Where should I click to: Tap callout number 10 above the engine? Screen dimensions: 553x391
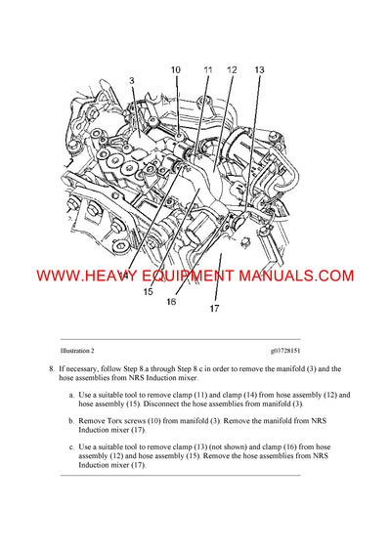click(176, 69)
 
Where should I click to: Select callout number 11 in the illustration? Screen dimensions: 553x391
click(207, 69)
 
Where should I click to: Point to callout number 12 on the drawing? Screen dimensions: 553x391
click(232, 69)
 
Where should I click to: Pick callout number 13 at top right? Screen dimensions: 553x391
click(259, 69)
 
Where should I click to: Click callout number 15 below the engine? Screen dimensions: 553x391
click(149, 291)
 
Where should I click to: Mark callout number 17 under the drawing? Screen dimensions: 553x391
click(216, 311)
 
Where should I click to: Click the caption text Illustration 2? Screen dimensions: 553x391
click(77, 350)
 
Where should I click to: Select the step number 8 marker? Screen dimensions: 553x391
click(51, 369)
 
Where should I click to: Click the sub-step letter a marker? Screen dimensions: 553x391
click(71, 394)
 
